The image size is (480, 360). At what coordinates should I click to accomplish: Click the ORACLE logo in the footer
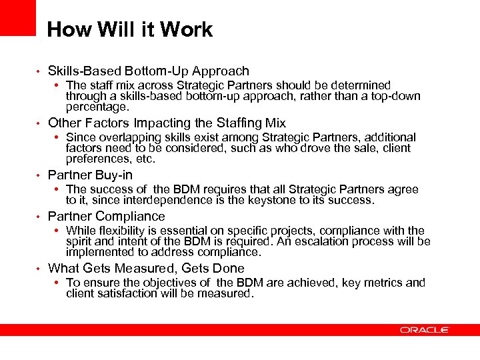[425, 329]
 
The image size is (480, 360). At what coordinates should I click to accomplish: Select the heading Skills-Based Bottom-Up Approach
[149, 71]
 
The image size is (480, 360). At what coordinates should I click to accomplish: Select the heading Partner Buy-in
[90, 175]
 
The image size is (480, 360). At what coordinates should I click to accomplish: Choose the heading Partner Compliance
[107, 216]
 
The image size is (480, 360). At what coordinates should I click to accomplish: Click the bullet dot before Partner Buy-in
[39, 175]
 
